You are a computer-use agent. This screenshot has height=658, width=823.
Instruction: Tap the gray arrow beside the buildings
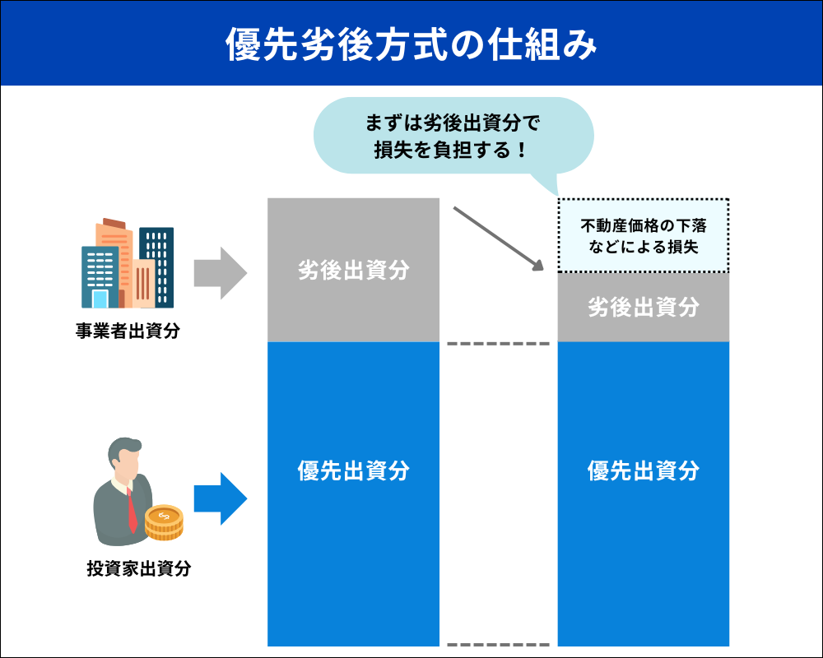tap(220, 274)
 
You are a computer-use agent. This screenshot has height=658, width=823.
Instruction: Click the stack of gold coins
tap(164, 521)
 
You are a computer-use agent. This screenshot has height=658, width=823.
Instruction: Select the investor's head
tap(125, 461)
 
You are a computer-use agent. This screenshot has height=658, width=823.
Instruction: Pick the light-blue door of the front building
tap(100, 299)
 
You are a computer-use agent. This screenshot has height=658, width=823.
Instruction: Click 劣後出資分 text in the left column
tap(354, 271)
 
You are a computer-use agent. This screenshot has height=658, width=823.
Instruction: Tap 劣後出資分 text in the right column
tap(643, 308)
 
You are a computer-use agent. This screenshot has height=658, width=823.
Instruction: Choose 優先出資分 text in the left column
tap(354, 470)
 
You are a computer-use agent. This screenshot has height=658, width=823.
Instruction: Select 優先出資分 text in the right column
tap(643, 470)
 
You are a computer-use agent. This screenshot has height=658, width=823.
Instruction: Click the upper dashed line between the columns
tap(498, 343)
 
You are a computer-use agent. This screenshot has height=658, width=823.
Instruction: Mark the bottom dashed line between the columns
tap(498, 644)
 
